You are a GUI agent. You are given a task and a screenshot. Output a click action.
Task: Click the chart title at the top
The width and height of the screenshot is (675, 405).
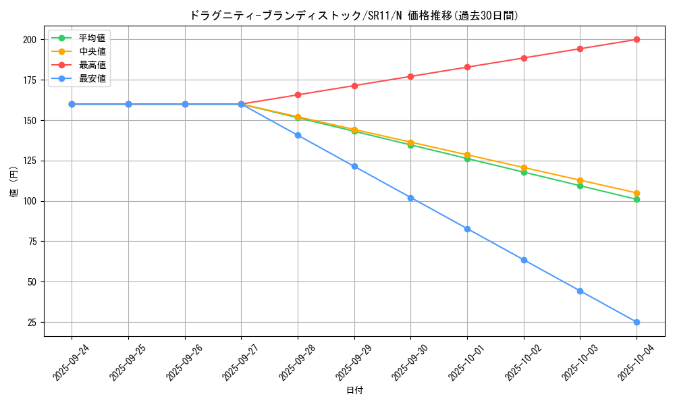point(354,16)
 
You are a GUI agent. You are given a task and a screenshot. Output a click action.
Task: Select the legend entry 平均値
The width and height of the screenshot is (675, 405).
point(92,38)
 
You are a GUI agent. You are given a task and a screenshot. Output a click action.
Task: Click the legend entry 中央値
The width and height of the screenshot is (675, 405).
point(92,51)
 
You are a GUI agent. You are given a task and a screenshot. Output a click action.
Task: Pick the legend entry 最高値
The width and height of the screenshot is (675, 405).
point(92,65)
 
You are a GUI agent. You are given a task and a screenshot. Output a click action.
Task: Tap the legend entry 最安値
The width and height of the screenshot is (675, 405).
point(92,78)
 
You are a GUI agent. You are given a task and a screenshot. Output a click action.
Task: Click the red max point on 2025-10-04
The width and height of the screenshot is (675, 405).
point(637,39)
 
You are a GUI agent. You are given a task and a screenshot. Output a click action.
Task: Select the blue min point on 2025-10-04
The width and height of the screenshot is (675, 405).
point(637,322)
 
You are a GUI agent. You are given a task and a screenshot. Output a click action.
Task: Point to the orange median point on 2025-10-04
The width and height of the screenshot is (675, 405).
point(637,193)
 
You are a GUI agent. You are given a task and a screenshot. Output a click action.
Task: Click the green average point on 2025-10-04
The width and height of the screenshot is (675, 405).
point(637,199)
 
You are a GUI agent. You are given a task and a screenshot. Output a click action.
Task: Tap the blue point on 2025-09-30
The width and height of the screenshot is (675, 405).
point(410,198)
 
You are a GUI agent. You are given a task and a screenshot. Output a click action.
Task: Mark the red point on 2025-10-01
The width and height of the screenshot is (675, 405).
point(467,67)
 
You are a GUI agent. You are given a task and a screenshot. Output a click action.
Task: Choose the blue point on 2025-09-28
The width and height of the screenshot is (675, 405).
point(298,135)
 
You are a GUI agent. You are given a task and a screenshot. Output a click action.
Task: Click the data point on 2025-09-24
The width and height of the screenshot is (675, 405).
point(72,104)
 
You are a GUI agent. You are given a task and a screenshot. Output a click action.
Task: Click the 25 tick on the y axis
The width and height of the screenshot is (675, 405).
point(31,322)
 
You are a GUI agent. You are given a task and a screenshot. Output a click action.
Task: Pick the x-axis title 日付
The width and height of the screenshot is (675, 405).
point(354,390)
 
